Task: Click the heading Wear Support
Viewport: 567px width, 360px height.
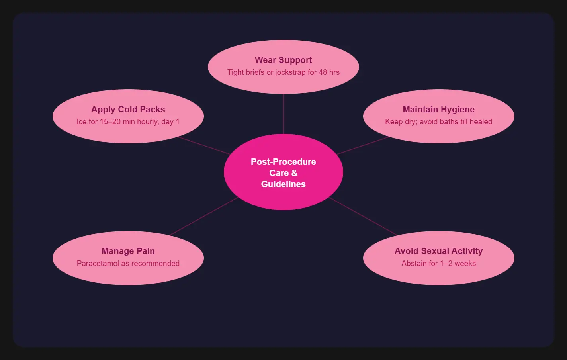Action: coord(283,60)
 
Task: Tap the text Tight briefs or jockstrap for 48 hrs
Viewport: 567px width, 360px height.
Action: coord(283,72)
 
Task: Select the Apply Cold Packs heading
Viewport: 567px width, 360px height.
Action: coord(128,110)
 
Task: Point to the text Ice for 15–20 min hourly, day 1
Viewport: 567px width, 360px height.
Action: coord(128,122)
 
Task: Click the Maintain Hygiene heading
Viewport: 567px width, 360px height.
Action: coord(439,110)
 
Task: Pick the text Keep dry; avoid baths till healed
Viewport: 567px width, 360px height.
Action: coord(439,122)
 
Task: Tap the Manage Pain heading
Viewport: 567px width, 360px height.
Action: coord(128,251)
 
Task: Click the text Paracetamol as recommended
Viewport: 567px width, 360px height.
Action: coord(128,264)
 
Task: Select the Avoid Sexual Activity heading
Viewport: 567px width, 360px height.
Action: coord(439,251)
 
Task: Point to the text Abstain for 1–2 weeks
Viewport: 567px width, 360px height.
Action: coord(439,264)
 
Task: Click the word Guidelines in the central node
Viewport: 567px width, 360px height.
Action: coord(283,184)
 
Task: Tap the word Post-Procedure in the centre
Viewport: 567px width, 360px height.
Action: coord(283,162)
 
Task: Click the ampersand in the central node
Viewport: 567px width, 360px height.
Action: coord(294,173)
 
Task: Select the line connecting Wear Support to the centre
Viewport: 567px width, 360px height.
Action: coord(283,114)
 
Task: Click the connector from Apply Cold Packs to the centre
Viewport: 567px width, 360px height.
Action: coord(204,146)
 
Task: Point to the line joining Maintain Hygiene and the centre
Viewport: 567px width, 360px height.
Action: coord(362,146)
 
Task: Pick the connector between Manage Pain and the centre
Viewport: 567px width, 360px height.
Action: coord(204,216)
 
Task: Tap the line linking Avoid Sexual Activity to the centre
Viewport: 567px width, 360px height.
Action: coord(363,216)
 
